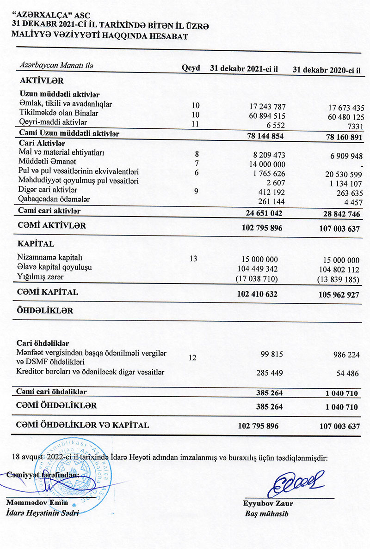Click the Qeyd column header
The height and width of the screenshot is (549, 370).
[x=191, y=68]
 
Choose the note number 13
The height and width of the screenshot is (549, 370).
[x=193, y=259]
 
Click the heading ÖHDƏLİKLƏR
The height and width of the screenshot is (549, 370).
[x=44, y=311]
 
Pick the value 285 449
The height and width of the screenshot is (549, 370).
[x=270, y=373]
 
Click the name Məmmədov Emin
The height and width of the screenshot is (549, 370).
[x=37, y=503]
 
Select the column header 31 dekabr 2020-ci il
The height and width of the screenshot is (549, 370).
[x=327, y=69]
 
